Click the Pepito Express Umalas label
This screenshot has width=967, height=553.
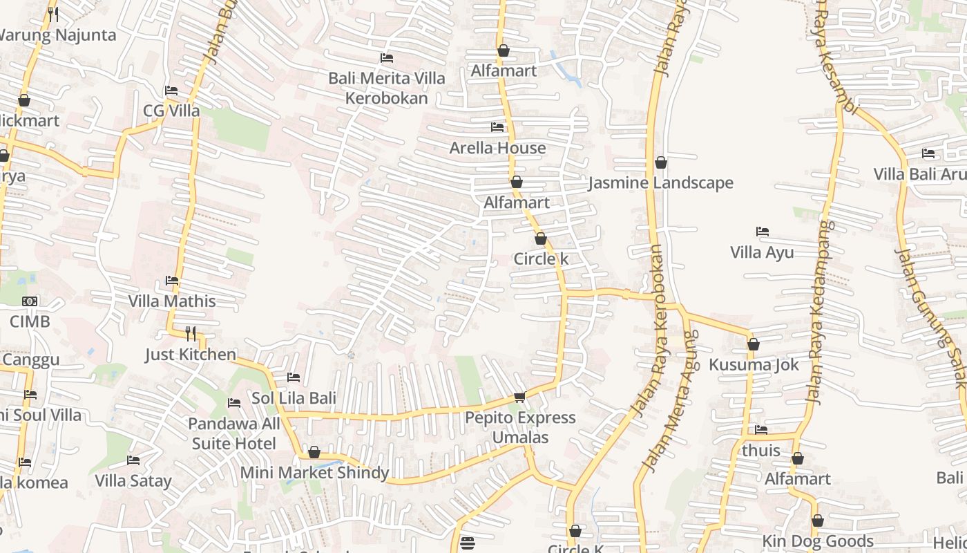520,427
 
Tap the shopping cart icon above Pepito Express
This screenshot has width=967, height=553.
519,397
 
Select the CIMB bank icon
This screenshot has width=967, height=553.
30,301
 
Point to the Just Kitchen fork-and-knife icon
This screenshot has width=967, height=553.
191,334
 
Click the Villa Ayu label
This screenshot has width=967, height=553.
762,252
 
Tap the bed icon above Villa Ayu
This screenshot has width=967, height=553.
763,232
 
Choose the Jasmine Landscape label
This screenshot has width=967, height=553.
660,183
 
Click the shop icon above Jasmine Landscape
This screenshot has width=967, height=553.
661,162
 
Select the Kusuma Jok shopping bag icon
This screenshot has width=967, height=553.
754,344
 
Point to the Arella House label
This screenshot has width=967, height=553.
497,148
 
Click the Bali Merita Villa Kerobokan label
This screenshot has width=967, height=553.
387,88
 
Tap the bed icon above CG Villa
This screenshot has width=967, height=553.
171,91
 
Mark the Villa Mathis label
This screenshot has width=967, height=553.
172,301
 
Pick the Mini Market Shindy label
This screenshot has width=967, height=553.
314,473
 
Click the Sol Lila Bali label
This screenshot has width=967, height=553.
294,398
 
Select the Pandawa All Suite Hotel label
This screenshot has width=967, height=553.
234,433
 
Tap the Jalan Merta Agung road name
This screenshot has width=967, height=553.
669,401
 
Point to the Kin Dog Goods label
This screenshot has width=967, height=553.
818,541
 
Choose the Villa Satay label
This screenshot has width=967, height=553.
133,480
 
